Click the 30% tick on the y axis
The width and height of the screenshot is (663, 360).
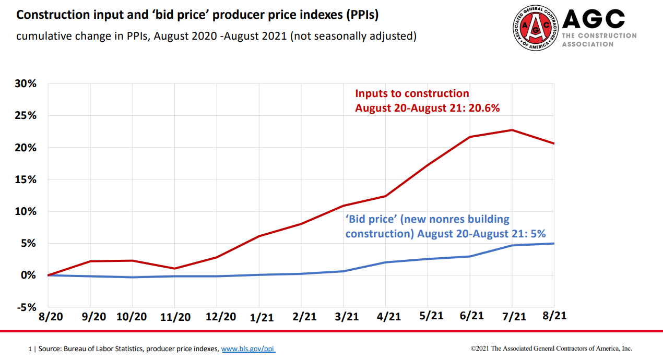click(26, 84)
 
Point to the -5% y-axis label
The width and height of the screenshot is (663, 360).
click(26, 307)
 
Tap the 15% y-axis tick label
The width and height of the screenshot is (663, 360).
click(26, 179)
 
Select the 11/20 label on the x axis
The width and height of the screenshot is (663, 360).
click(175, 317)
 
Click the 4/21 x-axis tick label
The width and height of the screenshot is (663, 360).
click(386, 316)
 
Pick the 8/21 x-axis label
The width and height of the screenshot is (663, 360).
click(553, 316)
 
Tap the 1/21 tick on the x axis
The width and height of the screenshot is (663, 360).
click(259, 317)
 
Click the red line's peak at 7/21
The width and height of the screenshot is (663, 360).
click(512, 130)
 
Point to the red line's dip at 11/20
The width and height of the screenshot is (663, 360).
click(175, 269)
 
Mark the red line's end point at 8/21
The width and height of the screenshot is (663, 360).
click(553, 143)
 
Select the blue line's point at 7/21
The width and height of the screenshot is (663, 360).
click(512, 245)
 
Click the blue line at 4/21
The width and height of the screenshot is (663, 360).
click(386, 262)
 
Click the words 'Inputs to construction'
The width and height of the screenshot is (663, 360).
click(412, 94)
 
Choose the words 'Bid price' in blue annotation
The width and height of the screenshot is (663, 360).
click(369, 219)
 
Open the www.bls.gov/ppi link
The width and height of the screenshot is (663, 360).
click(248, 349)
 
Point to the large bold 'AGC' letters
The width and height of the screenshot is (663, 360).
click(594, 19)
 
